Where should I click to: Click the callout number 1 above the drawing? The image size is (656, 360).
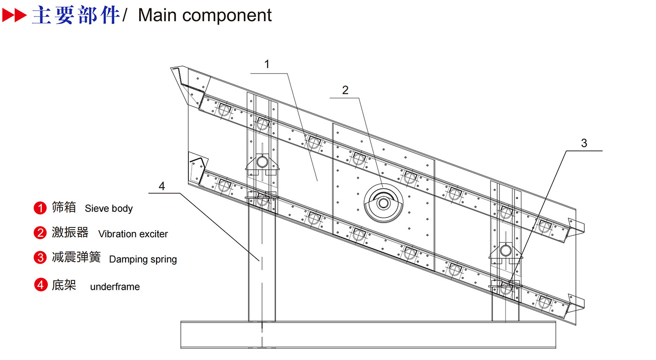coord(267,64)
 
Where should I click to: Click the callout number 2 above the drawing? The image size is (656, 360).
coord(345,90)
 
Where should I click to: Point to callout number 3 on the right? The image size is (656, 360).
coord(584,143)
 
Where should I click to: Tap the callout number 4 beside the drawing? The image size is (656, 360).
coord(162,186)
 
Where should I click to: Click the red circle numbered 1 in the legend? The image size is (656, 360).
coord(40,208)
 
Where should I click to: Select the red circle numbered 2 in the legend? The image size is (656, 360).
coord(40,233)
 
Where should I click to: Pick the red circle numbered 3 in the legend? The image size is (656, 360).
coord(40,258)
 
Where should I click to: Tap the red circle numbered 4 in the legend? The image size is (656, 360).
coord(41,285)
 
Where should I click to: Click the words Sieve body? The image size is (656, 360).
coord(109,209)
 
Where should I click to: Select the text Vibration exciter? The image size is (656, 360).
coord(133,234)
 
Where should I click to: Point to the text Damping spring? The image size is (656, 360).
coord(143,260)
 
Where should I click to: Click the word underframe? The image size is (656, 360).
coord(115,286)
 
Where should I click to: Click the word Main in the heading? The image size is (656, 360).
coord(157,15)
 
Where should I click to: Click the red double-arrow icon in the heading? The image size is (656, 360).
coord(15,15)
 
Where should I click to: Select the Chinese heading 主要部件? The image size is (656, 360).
coord(76,15)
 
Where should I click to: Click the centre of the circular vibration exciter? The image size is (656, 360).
coord(383,203)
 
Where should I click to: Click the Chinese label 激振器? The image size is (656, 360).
coord(70,232)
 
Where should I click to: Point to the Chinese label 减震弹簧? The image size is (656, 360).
coord(76,257)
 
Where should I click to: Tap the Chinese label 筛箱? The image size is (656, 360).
coord(64,207)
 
